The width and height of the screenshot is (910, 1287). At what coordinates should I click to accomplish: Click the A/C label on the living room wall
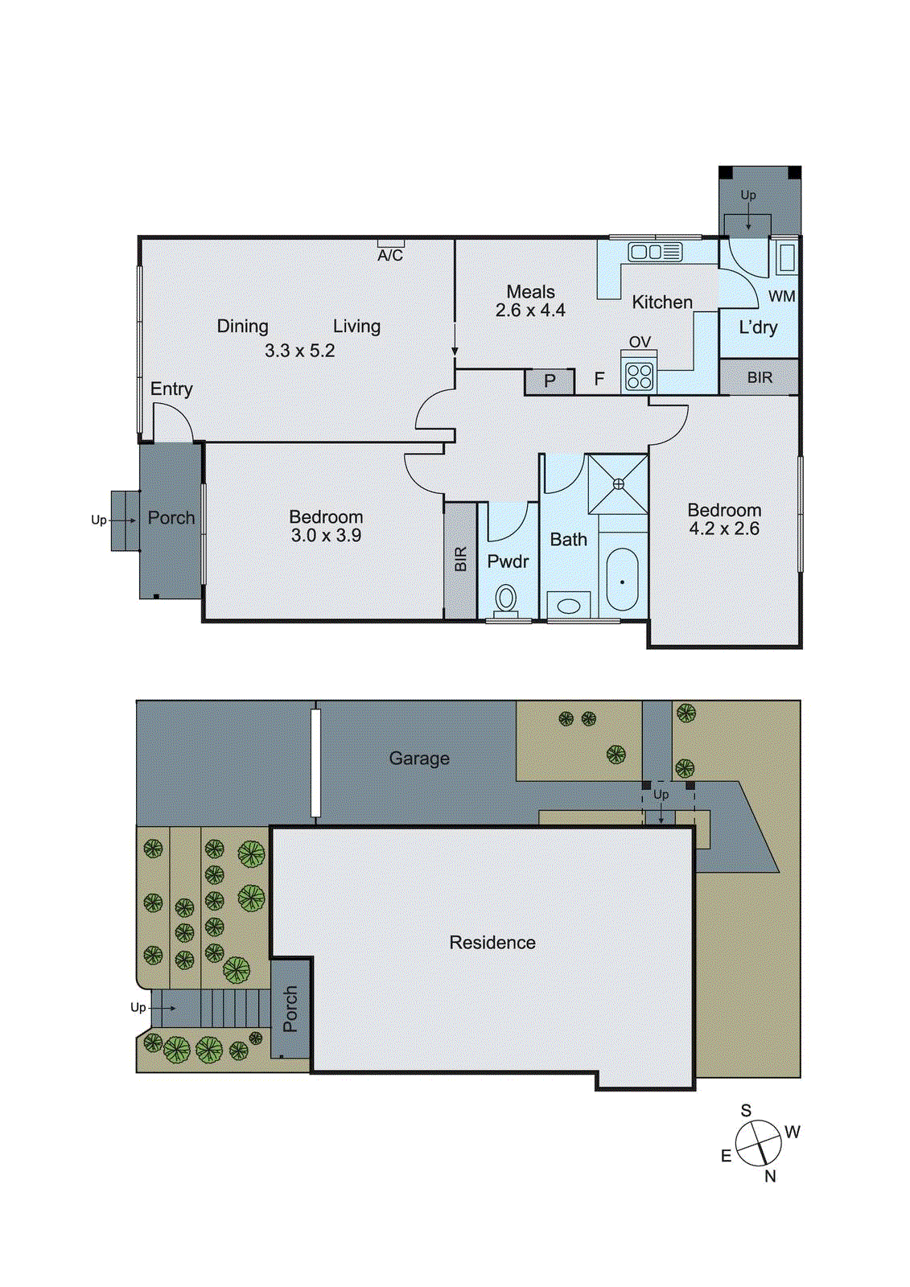(390, 255)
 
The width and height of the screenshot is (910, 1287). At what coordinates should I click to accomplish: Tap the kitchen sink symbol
(655, 252)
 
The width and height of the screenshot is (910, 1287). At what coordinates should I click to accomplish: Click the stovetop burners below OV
(640, 376)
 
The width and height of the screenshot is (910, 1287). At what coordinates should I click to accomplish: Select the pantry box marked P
(550, 381)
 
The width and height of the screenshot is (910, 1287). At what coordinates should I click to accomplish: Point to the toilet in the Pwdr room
(506, 599)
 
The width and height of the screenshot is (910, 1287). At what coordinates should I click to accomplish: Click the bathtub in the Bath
(622, 580)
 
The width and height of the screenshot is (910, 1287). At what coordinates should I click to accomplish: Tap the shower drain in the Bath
(618, 483)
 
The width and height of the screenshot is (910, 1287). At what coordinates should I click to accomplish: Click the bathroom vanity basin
(568, 606)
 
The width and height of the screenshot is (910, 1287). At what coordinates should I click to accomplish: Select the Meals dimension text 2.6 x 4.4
(530, 310)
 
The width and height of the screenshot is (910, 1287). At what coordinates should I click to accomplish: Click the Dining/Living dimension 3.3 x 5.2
(299, 351)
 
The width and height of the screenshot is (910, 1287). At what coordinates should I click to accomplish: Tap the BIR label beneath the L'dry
(760, 377)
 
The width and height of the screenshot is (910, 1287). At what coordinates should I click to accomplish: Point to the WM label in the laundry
(781, 296)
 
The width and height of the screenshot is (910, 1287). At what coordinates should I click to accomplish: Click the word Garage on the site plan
(419, 759)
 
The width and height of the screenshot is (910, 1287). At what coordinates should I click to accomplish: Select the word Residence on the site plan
(492, 943)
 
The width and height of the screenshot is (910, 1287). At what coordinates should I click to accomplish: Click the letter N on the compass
(770, 1176)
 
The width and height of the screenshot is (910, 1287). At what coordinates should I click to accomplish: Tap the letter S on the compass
(746, 1110)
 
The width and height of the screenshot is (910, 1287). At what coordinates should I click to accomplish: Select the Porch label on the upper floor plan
(171, 518)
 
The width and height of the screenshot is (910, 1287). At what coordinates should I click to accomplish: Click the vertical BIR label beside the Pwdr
(461, 560)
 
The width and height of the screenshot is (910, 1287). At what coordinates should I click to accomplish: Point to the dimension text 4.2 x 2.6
(724, 529)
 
